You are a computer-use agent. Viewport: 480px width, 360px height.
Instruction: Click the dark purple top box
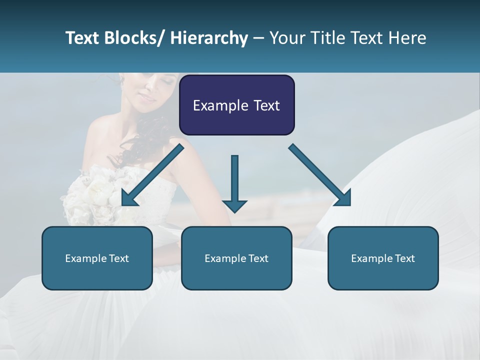coord(236,105)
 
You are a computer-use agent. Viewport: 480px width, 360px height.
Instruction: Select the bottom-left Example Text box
coord(97,258)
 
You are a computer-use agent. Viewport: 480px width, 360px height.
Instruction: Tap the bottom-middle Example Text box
coord(236,258)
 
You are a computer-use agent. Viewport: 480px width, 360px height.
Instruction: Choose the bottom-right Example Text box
coord(383,258)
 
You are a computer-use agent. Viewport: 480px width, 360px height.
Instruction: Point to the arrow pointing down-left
coord(152,175)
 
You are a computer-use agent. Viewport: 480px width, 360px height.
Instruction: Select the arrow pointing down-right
coord(320,175)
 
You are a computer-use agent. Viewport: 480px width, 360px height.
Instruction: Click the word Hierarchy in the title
coord(209,38)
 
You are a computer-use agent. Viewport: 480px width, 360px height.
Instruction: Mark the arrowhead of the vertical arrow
coord(234,205)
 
